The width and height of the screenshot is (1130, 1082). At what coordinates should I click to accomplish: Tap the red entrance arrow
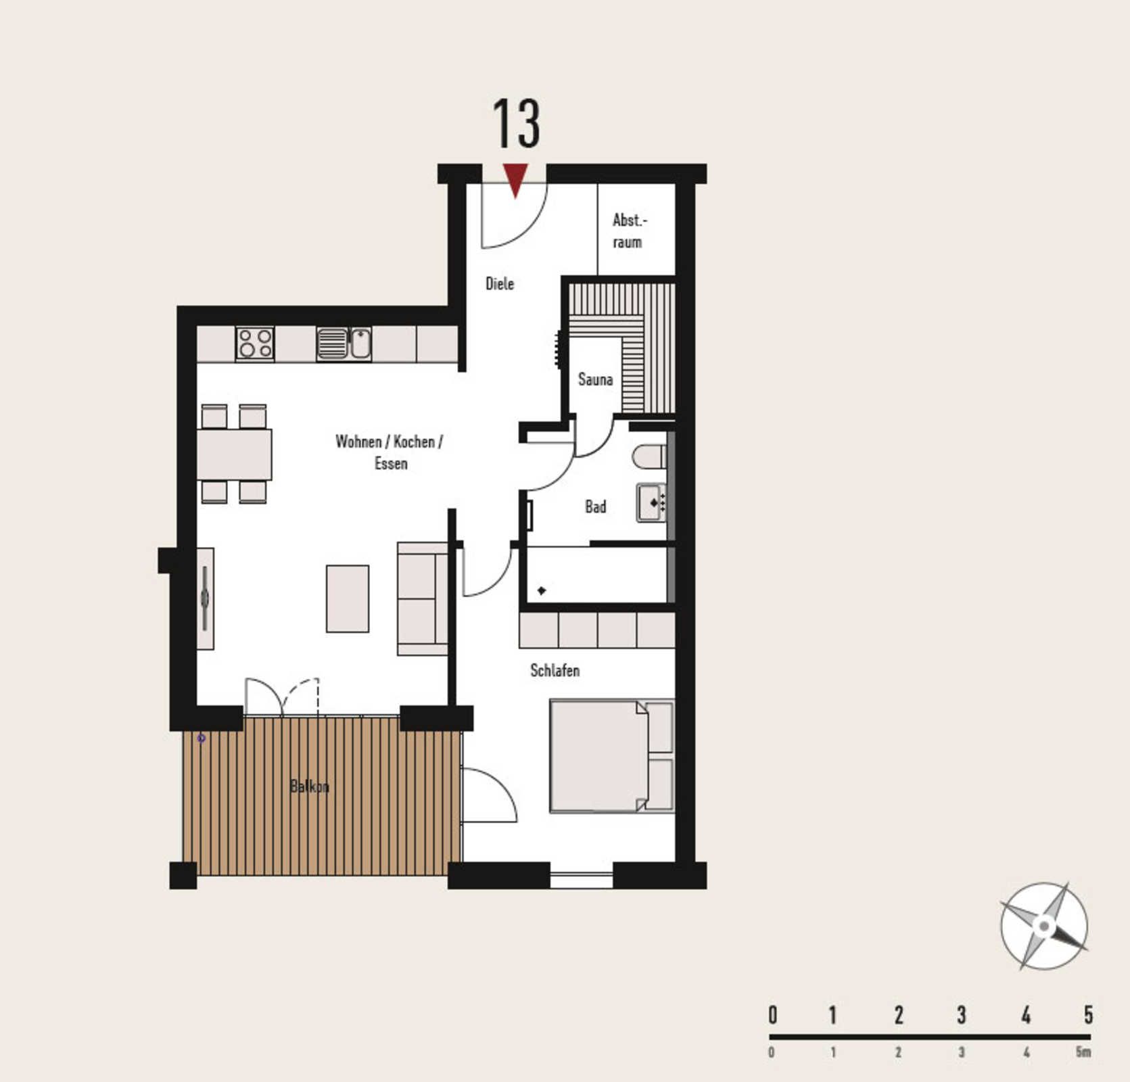(515, 179)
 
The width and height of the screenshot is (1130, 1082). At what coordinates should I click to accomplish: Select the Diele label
(500, 283)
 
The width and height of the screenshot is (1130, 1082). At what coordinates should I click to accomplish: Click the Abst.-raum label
(629, 231)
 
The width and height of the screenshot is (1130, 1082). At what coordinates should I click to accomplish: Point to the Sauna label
(595, 379)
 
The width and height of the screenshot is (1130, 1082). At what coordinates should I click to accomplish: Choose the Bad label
(596, 507)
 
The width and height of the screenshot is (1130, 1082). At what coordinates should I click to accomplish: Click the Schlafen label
(555, 670)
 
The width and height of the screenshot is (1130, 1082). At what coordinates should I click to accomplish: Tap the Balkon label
(309, 786)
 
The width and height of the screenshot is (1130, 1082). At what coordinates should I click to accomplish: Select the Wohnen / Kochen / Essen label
(390, 452)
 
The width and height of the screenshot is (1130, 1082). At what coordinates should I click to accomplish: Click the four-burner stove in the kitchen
(255, 342)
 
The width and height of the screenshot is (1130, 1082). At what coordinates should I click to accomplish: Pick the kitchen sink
(344, 343)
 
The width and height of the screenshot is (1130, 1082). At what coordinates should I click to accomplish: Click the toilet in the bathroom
(650, 456)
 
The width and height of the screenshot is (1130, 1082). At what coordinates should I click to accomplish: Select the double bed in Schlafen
(611, 755)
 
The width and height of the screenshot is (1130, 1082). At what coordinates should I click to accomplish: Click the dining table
(235, 454)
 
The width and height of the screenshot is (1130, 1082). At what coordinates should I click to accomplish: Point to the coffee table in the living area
(348, 598)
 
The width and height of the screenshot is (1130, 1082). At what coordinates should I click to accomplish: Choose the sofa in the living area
(423, 598)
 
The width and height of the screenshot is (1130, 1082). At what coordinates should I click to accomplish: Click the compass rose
(1043, 925)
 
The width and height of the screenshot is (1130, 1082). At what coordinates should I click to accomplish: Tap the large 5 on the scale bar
(1088, 1015)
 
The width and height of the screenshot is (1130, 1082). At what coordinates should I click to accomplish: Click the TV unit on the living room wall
(205, 598)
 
